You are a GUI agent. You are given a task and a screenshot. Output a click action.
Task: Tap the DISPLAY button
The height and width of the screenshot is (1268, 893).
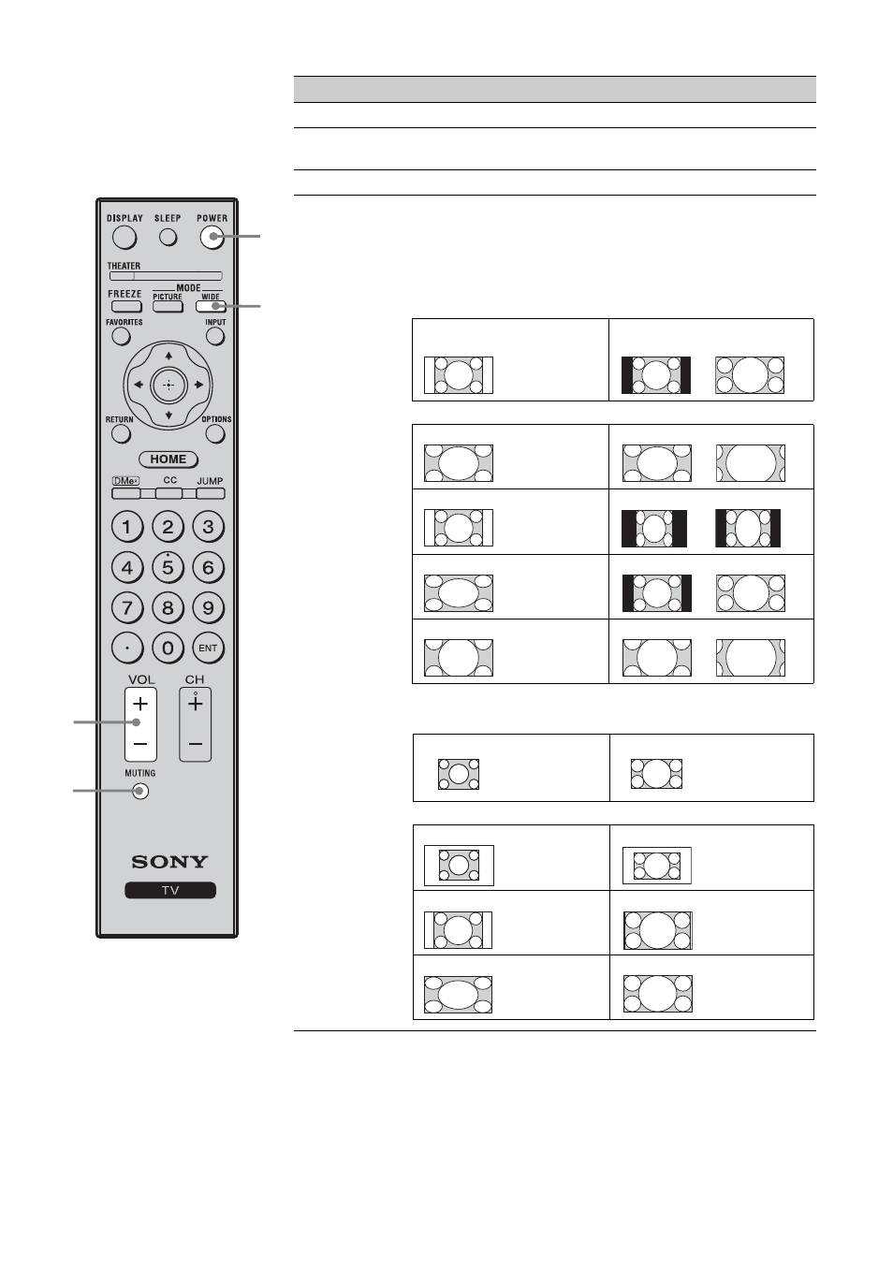coord(124,237)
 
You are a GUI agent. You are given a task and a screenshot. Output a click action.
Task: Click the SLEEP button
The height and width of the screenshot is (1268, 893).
coord(168,237)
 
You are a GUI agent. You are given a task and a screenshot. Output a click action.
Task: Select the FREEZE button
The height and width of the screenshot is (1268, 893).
coord(126,306)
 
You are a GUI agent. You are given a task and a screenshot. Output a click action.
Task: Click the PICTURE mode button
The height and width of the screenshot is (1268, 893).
coord(168,306)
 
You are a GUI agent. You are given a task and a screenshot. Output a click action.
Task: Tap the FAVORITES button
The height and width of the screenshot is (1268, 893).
coord(121,336)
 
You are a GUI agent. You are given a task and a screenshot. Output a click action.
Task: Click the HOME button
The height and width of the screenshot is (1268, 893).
coord(168,459)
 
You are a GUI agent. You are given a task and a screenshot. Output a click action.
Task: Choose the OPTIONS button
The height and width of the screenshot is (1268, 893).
coord(215,434)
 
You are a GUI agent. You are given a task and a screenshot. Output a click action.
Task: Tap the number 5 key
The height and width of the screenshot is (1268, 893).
coord(168,567)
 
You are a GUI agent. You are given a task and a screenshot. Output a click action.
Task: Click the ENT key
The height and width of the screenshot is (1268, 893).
coord(209,649)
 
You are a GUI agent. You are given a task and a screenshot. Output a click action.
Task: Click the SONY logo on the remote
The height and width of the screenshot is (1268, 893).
coord(169,862)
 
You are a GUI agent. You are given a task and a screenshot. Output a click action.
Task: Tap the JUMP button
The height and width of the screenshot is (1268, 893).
coord(211,493)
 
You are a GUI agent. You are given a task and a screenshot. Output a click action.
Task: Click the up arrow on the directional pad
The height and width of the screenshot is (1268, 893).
coord(168,356)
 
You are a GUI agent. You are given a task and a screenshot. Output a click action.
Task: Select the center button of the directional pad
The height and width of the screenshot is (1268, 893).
coord(168,385)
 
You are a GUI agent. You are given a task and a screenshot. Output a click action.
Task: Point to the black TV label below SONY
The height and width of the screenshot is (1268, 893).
coord(170,891)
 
